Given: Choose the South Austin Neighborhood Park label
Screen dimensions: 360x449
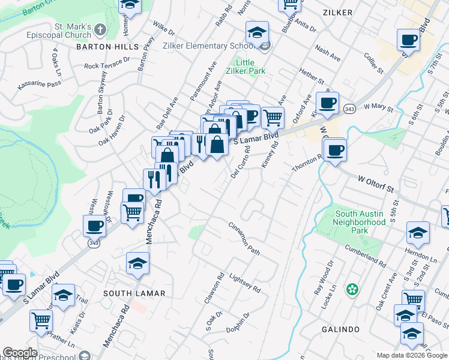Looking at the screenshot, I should click(x=360, y=222).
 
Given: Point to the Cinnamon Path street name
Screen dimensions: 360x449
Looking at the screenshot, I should click(x=244, y=239).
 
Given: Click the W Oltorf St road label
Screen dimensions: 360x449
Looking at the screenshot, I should click(x=378, y=184).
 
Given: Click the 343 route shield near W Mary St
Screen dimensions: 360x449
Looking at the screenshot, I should click(x=349, y=109).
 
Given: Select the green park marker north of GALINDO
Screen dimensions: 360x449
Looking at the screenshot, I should click(x=352, y=290).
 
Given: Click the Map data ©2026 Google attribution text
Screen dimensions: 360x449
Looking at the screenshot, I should click(x=411, y=355).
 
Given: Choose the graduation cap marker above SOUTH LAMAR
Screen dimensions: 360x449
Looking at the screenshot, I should click(x=137, y=263).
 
